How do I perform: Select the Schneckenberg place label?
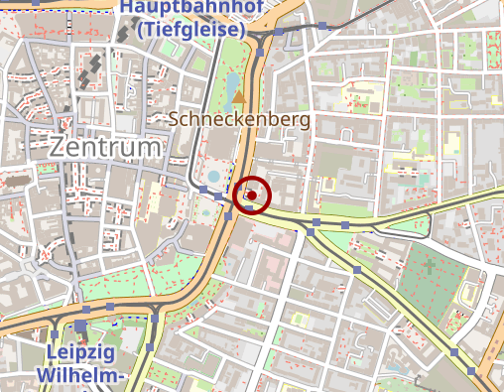tap(239, 118)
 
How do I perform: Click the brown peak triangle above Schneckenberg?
tap(238, 97)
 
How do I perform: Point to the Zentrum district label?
tap(104, 147)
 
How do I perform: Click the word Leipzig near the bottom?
tap(79, 352)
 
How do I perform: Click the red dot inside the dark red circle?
tap(252, 196)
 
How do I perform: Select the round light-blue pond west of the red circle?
tap(213, 176)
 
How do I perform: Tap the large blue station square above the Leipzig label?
tap(79, 326)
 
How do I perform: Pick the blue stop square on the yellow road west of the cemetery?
tap(356, 269)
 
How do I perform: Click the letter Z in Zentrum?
tap(57, 147)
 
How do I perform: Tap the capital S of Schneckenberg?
tap(175, 118)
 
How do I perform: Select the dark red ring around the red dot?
tap(252, 179)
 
